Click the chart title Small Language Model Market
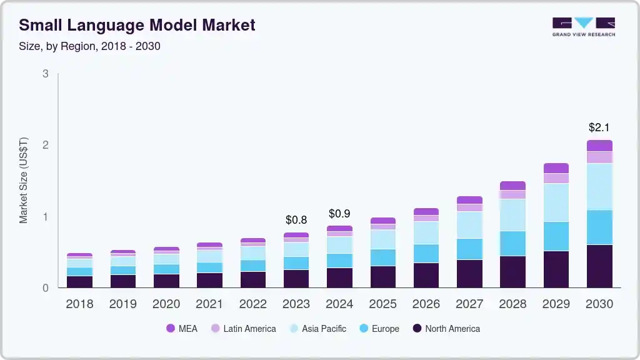(x=137, y=26)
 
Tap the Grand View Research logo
(x=583, y=27)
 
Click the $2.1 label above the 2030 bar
(x=599, y=127)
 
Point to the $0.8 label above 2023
(x=296, y=220)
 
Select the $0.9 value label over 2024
(x=339, y=214)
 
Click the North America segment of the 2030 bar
(x=599, y=266)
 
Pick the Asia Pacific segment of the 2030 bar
(x=599, y=186)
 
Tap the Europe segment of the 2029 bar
(x=556, y=236)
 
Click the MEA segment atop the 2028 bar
(x=512, y=186)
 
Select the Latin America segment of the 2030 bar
(x=599, y=157)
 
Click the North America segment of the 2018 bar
(x=79, y=282)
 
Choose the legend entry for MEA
(x=182, y=329)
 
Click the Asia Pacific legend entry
(x=316, y=329)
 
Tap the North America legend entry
(x=446, y=329)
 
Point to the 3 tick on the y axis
(x=46, y=74)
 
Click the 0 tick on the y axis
(x=46, y=288)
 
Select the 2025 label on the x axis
(x=382, y=304)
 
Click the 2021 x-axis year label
(x=209, y=304)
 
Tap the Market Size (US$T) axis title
(x=24, y=181)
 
